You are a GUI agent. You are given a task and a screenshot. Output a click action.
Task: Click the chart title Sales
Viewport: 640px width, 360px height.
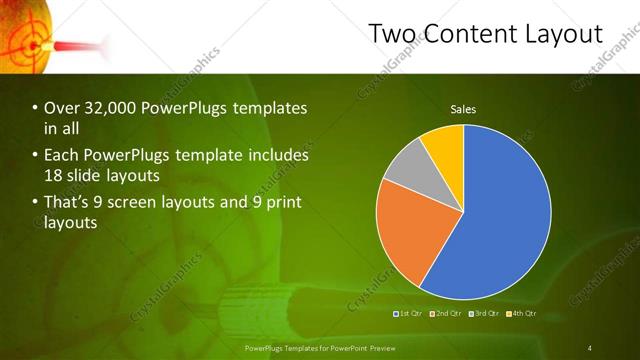(463, 109)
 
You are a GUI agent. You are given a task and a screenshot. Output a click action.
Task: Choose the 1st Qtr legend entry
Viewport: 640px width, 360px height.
(408, 314)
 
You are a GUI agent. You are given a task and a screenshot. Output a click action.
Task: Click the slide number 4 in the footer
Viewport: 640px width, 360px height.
(590, 348)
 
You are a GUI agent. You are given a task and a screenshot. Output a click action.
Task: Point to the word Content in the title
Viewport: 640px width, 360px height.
(470, 34)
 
